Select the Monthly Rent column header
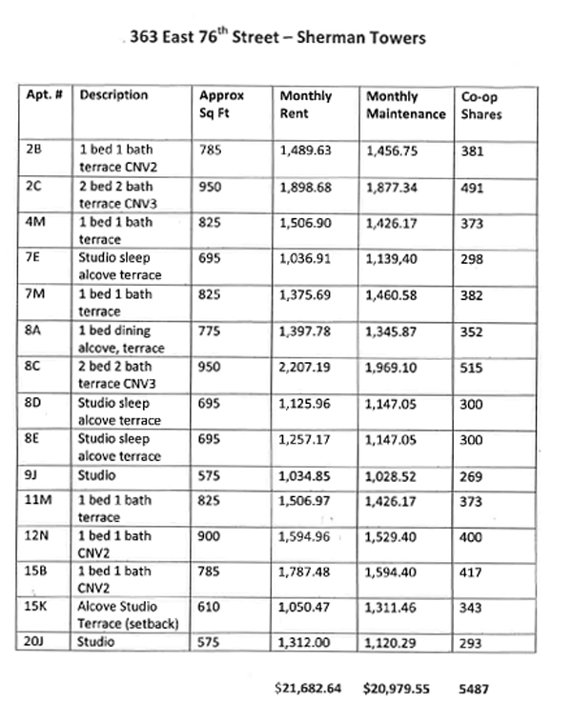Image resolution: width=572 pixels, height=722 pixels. point(305,105)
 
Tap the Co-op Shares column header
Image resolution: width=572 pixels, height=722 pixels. point(481,105)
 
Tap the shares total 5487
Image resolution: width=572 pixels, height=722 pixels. point(474,687)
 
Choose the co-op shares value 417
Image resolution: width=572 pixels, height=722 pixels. point(472,572)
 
